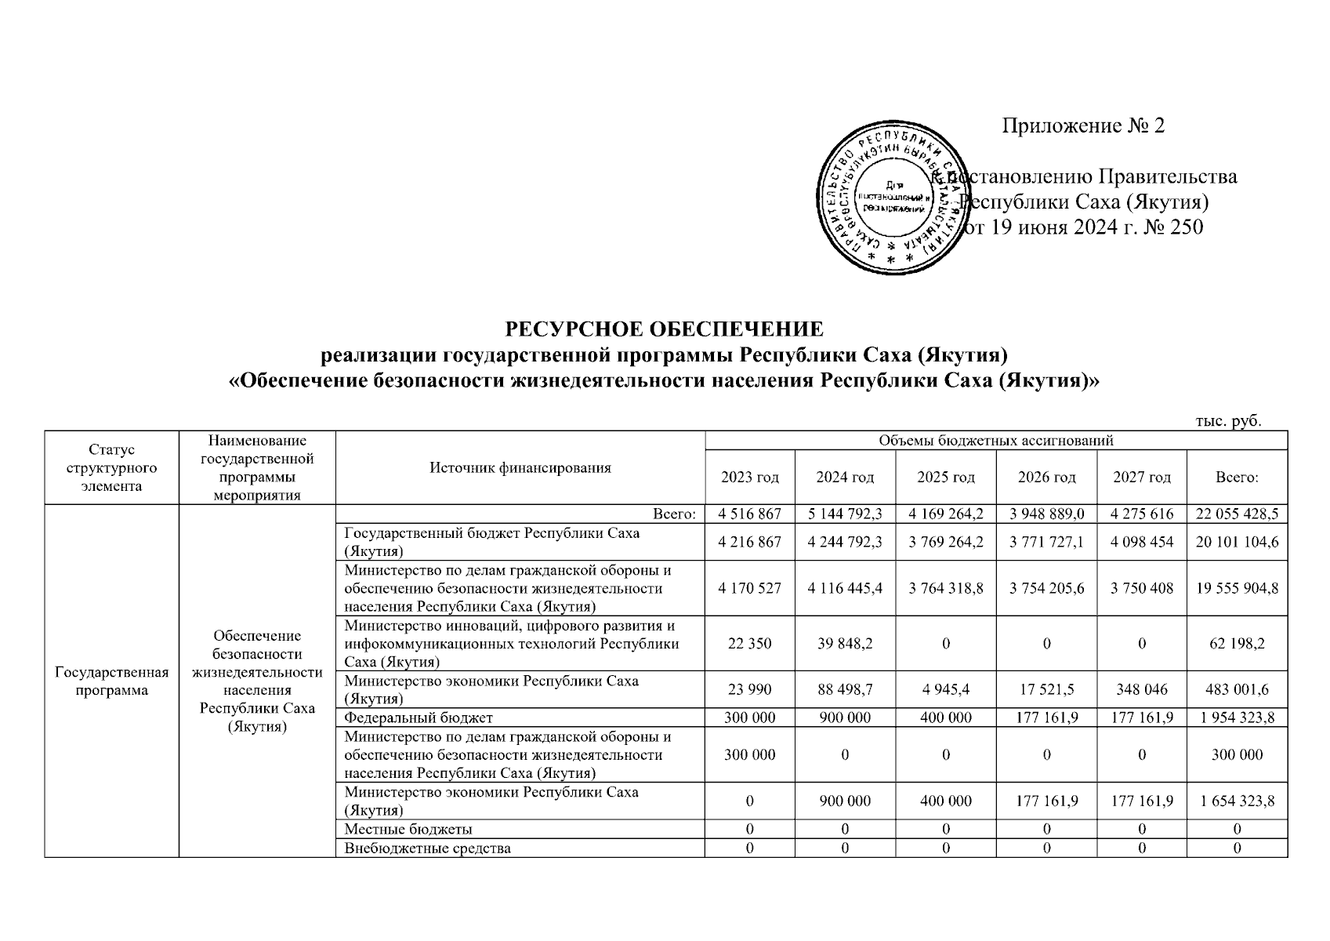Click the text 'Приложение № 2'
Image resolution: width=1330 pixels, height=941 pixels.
(1083, 125)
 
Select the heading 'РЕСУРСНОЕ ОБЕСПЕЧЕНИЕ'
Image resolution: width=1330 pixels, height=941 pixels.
(664, 328)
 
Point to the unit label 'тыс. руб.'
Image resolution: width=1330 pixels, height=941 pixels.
(1227, 421)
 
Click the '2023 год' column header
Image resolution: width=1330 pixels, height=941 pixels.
(750, 477)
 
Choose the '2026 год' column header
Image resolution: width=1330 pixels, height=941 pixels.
(1046, 477)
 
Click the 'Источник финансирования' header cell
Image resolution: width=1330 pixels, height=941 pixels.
(520, 468)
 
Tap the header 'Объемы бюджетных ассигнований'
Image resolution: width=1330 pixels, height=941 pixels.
(996, 441)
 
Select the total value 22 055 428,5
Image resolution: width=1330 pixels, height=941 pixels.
(1237, 514)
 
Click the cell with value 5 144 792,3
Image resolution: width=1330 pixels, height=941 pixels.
(845, 514)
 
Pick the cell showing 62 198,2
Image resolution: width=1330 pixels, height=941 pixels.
(1237, 643)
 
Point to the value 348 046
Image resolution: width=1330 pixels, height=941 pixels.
(1142, 689)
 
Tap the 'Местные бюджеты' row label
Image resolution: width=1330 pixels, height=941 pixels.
(408, 829)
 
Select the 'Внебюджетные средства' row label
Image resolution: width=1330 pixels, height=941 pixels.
(428, 848)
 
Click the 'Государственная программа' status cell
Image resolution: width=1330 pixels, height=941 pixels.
(112, 681)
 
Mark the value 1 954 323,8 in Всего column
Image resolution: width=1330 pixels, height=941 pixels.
(1237, 718)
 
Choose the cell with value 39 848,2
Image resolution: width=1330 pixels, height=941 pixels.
(845, 643)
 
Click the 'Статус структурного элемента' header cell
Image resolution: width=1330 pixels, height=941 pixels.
(112, 468)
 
